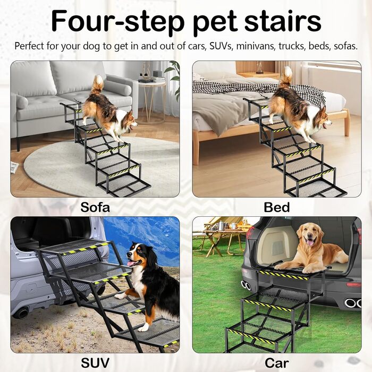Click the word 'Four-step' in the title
tap(118, 21)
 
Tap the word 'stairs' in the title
tap(282, 21)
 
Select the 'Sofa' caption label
tap(95, 207)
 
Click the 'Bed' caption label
tap(277, 207)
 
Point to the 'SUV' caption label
tap(95, 363)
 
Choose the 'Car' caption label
tap(277, 363)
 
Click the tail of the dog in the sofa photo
tap(98, 84)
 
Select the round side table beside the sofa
tap(152, 100)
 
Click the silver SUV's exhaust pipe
tap(21, 312)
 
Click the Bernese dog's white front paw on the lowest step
tap(143, 328)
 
